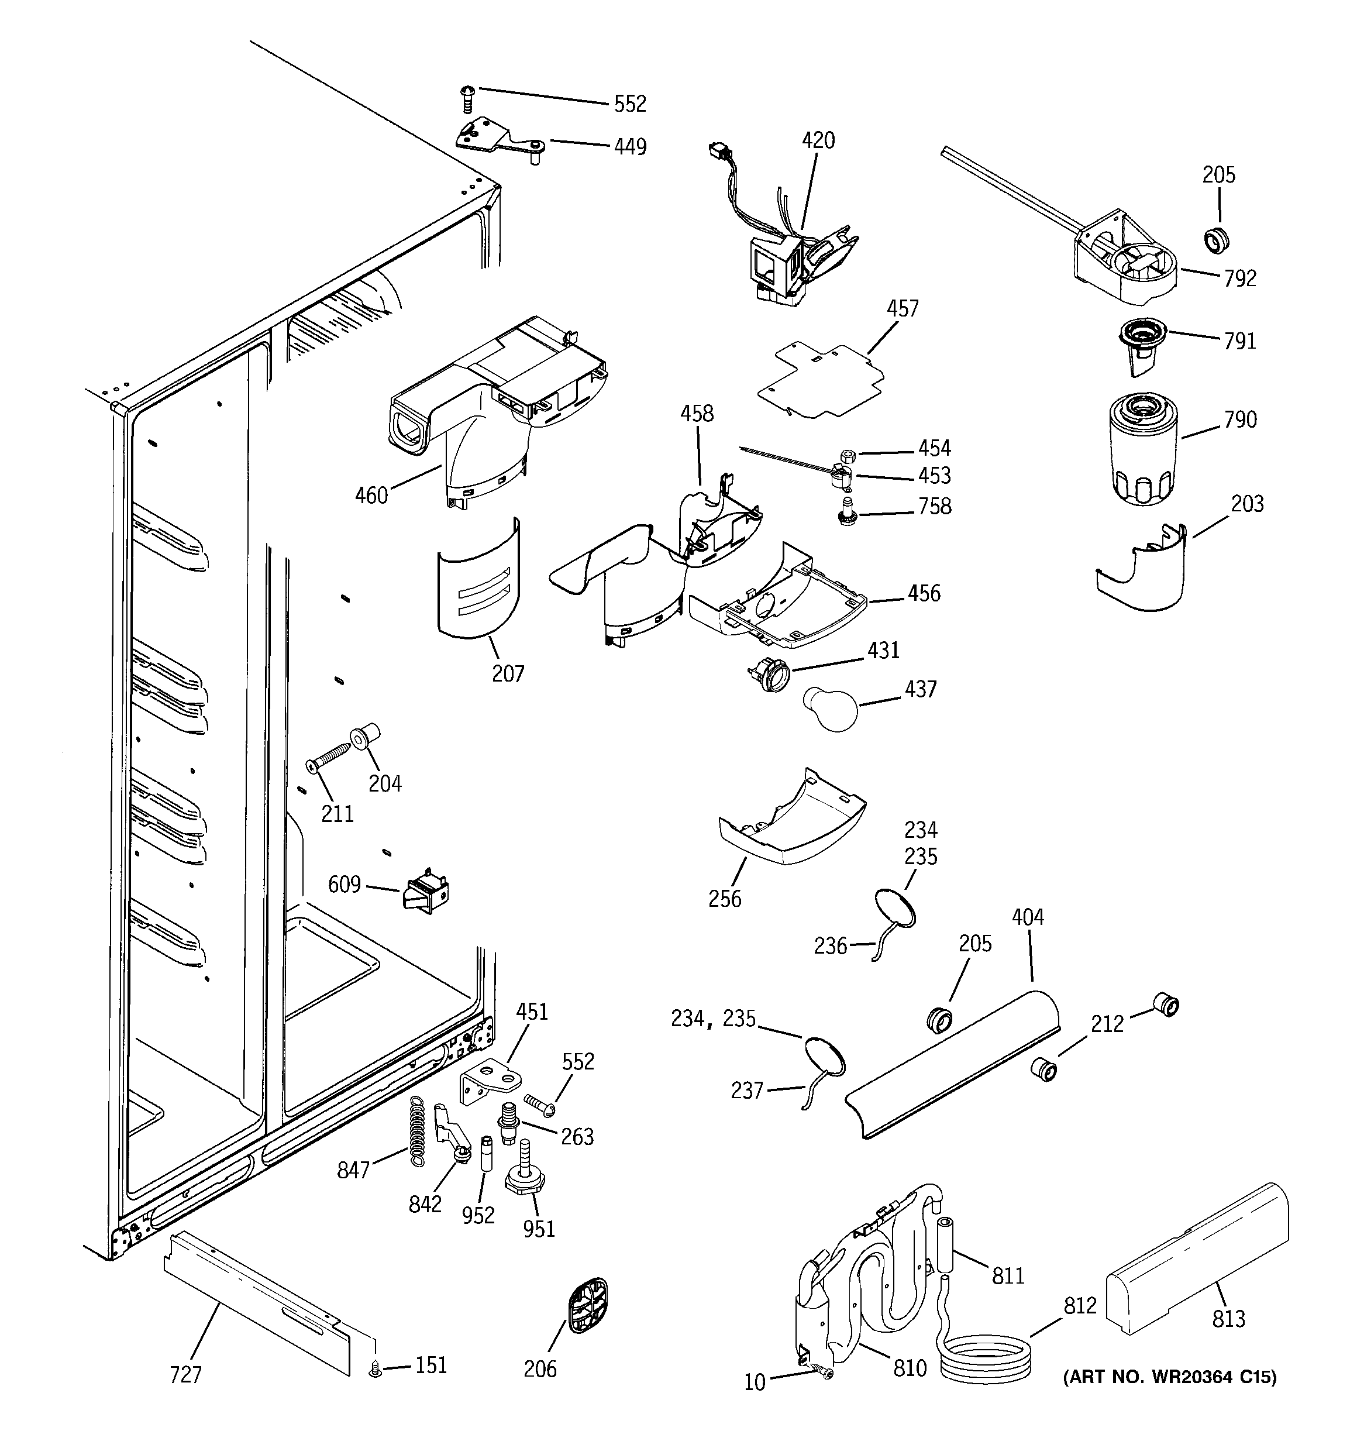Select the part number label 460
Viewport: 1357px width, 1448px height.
371,496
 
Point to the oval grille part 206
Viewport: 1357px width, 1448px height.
587,1306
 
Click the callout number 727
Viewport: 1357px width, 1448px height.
186,1374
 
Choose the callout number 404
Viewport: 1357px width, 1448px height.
1028,917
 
